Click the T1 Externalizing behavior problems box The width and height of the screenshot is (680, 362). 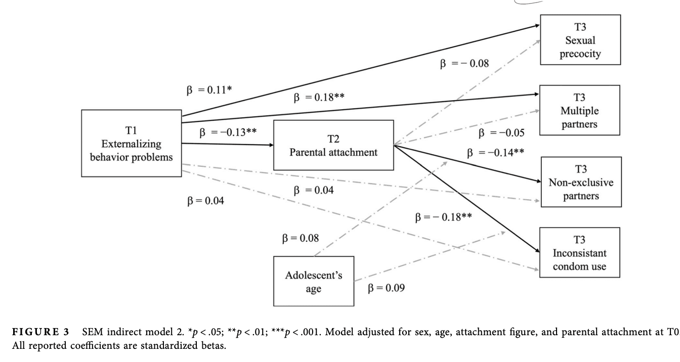[131, 144]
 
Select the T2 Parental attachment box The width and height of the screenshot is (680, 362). [333, 145]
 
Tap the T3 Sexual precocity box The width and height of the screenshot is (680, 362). [580, 39]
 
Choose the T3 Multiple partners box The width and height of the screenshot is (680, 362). [580, 110]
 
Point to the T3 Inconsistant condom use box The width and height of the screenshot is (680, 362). [580, 253]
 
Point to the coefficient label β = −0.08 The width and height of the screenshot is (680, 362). [465, 64]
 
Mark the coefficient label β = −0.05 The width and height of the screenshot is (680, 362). [494, 133]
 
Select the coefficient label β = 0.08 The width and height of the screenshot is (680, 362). [300, 238]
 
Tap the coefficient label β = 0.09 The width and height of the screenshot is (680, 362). [386, 288]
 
